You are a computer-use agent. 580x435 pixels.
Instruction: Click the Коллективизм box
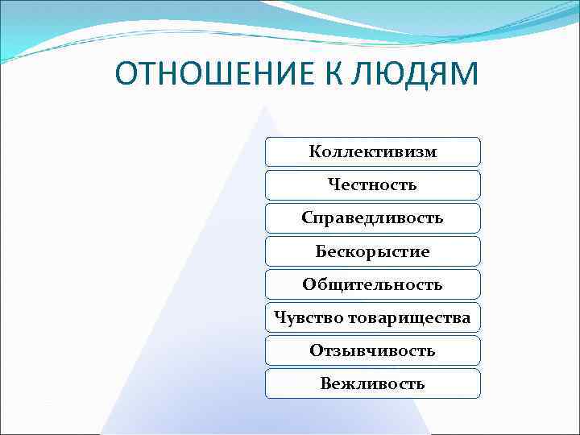373,151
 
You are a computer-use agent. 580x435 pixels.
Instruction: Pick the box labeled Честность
373,184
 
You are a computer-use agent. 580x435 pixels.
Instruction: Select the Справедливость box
373,217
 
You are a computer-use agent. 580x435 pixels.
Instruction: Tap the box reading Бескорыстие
373,251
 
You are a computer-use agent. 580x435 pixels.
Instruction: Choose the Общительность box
373,284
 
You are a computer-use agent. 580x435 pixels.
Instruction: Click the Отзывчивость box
373,350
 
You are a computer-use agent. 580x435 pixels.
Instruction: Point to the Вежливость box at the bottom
373,383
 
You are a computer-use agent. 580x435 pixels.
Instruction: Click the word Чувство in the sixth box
309,317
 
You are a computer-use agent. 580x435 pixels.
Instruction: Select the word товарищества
409,317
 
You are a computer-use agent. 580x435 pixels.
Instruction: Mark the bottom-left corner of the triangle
100,433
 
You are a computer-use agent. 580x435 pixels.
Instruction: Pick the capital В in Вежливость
325,383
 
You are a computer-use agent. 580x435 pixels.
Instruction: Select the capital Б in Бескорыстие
321,251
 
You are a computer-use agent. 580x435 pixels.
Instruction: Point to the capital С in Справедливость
307,217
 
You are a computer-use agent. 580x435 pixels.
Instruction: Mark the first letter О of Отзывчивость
315,350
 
